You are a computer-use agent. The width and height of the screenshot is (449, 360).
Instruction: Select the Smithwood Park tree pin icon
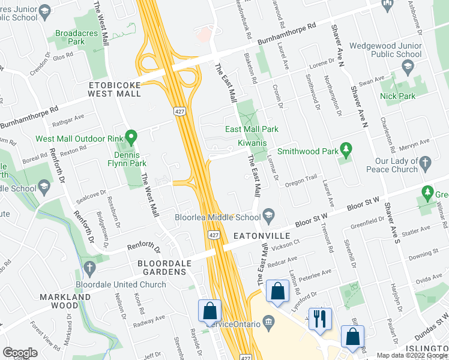pyautogui.click(x=345, y=149)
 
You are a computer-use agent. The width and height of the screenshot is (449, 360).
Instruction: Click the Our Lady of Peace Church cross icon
pyautogui.click(x=425, y=163)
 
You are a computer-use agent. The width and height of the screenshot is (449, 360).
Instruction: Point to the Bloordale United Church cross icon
pyautogui.click(x=89, y=268)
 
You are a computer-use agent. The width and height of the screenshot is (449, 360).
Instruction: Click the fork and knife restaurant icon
pyautogui.click(x=319, y=318)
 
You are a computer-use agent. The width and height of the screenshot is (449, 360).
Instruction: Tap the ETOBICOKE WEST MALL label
pyautogui.click(x=114, y=89)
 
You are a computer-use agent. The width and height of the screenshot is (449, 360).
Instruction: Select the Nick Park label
pyautogui.click(x=406, y=96)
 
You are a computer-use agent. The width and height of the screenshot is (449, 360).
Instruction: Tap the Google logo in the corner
pyautogui.click(x=20, y=353)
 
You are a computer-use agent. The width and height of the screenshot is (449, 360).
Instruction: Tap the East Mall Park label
pyautogui.click(x=252, y=129)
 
